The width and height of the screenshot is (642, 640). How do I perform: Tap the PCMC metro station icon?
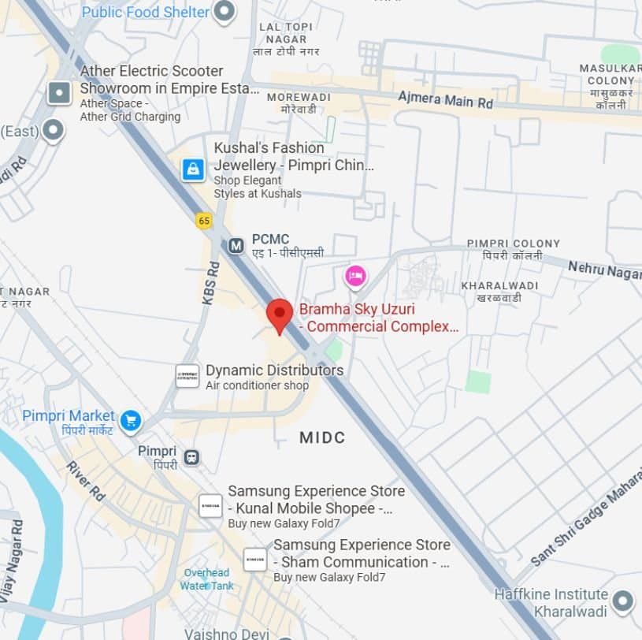(236, 246)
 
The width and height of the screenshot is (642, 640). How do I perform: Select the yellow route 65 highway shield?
(204, 221)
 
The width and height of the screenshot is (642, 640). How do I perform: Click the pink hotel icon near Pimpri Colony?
(355, 276)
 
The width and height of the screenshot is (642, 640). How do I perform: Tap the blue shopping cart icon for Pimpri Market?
(131, 421)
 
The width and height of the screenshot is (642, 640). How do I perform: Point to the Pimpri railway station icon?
(191, 457)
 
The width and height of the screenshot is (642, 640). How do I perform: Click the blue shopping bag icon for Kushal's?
(193, 169)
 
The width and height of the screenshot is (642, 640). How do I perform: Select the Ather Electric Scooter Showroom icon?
(59, 93)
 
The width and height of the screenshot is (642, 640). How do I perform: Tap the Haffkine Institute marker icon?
(623, 602)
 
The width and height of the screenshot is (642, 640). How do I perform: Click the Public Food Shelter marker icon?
(225, 11)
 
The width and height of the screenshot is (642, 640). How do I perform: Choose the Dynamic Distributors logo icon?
(187, 376)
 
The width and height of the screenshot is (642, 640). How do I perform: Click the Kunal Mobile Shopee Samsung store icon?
(210, 505)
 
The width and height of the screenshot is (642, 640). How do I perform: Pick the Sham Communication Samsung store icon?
(255, 559)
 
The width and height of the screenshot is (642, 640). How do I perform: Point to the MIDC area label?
(322, 437)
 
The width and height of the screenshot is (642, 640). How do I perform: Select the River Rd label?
(86, 481)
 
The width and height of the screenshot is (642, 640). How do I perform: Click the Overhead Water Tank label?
(206, 579)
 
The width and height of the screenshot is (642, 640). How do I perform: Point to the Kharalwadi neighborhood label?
(499, 291)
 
